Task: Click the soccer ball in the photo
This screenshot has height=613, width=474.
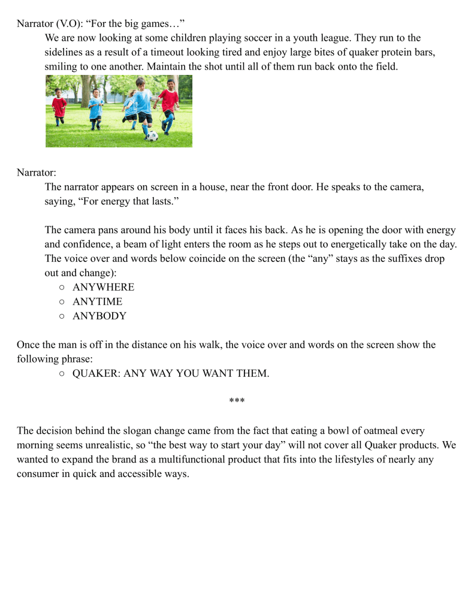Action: (x=152, y=135)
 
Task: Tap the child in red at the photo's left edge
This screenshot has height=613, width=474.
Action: (x=59, y=107)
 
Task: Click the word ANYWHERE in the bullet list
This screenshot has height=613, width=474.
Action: (x=103, y=287)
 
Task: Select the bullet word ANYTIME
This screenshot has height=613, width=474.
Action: (x=97, y=301)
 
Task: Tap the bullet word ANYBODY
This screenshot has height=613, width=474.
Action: (x=99, y=316)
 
